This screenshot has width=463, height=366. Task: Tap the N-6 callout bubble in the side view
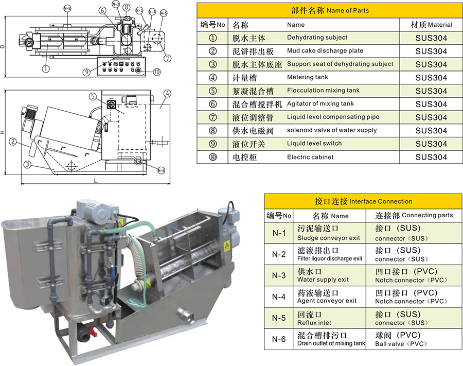point(161,170)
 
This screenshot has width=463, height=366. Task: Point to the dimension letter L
point(96,181)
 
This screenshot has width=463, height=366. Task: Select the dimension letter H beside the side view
point(3,133)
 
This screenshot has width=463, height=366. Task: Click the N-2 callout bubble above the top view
point(67,8)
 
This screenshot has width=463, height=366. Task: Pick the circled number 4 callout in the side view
point(168,93)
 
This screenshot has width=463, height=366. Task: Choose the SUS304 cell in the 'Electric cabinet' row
point(431,158)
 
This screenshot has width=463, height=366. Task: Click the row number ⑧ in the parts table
point(213,131)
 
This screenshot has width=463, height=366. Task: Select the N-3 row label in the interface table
point(279,275)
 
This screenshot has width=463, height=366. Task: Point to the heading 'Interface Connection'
point(381,201)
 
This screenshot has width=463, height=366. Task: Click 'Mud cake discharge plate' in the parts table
point(325,51)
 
